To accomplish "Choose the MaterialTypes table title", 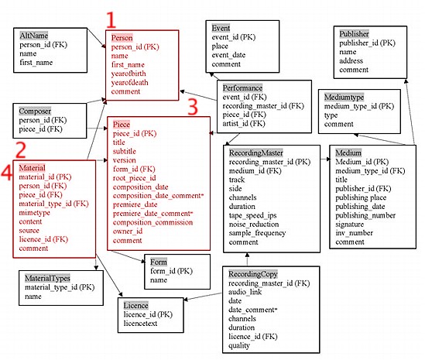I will (x=50, y=276).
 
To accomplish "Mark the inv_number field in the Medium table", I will (x=355, y=232).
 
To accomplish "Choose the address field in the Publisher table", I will (x=353, y=60).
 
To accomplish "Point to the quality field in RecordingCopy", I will (x=242, y=345).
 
